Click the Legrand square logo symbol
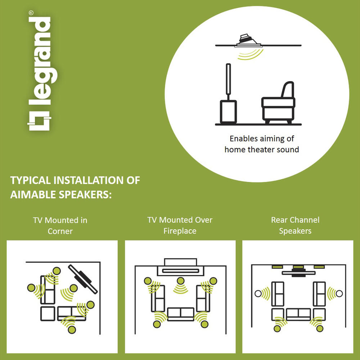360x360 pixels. click(x=39, y=121)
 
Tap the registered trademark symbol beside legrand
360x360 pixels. click(x=31, y=13)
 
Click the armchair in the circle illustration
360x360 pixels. click(x=278, y=103)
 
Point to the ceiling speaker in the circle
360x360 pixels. click(x=248, y=41)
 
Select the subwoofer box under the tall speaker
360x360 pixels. click(x=228, y=112)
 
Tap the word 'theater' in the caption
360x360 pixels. click(x=261, y=150)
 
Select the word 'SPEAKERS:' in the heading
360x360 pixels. click(x=85, y=195)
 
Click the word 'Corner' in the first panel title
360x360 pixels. click(x=60, y=231)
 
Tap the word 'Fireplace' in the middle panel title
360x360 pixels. click(x=180, y=231)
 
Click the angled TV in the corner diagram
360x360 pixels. click(x=83, y=279)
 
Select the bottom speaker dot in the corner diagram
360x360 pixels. click(x=72, y=330)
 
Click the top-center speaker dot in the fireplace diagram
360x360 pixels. click(x=180, y=280)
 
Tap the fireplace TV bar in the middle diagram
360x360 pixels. click(x=180, y=271)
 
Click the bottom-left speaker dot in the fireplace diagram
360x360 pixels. click(x=157, y=324)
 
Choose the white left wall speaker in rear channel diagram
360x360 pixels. click(x=258, y=293)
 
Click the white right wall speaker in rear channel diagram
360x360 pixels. click(x=339, y=293)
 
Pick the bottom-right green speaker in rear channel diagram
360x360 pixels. click(x=320, y=329)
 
